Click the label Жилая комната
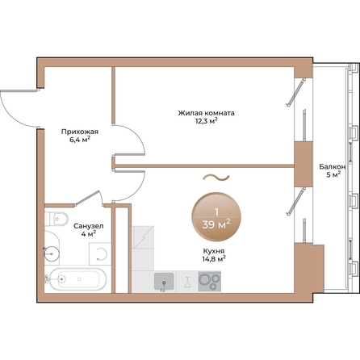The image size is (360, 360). (x=207, y=113)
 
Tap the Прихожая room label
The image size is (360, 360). (x=80, y=130)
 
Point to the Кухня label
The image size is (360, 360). (x=213, y=250)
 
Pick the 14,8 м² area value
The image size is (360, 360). (x=213, y=259)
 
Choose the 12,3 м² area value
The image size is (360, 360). (x=207, y=122)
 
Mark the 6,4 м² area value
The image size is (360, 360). (x=80, y=139)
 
